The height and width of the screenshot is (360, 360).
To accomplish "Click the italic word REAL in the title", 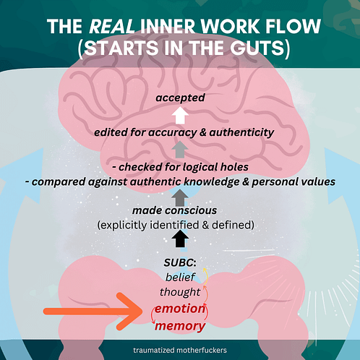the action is coord(111,27).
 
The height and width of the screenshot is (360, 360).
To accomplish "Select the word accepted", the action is coord(180,98).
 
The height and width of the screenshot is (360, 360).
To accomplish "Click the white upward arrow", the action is coord(180,115).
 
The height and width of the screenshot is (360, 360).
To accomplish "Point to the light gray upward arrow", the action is coord(180,150).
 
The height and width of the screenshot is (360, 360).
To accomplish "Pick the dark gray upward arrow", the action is coord(180,197).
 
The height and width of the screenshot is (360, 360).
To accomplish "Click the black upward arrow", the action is coord(180,239).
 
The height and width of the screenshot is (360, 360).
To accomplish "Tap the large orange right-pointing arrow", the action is coord(93,312).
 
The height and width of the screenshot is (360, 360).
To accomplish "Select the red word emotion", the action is coord(180,309).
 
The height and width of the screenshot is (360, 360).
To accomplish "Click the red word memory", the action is coord(180,326).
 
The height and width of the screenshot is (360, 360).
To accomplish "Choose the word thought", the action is coord(180,292).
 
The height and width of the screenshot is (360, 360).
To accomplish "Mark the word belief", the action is coord(180,277).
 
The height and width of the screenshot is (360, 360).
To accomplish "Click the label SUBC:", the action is coord(180,262).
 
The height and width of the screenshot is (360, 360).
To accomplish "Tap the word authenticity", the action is coord(241,132).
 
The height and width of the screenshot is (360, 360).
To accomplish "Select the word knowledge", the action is coord(211,181).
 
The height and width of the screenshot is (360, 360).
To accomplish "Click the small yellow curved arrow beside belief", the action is coord(206,275).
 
